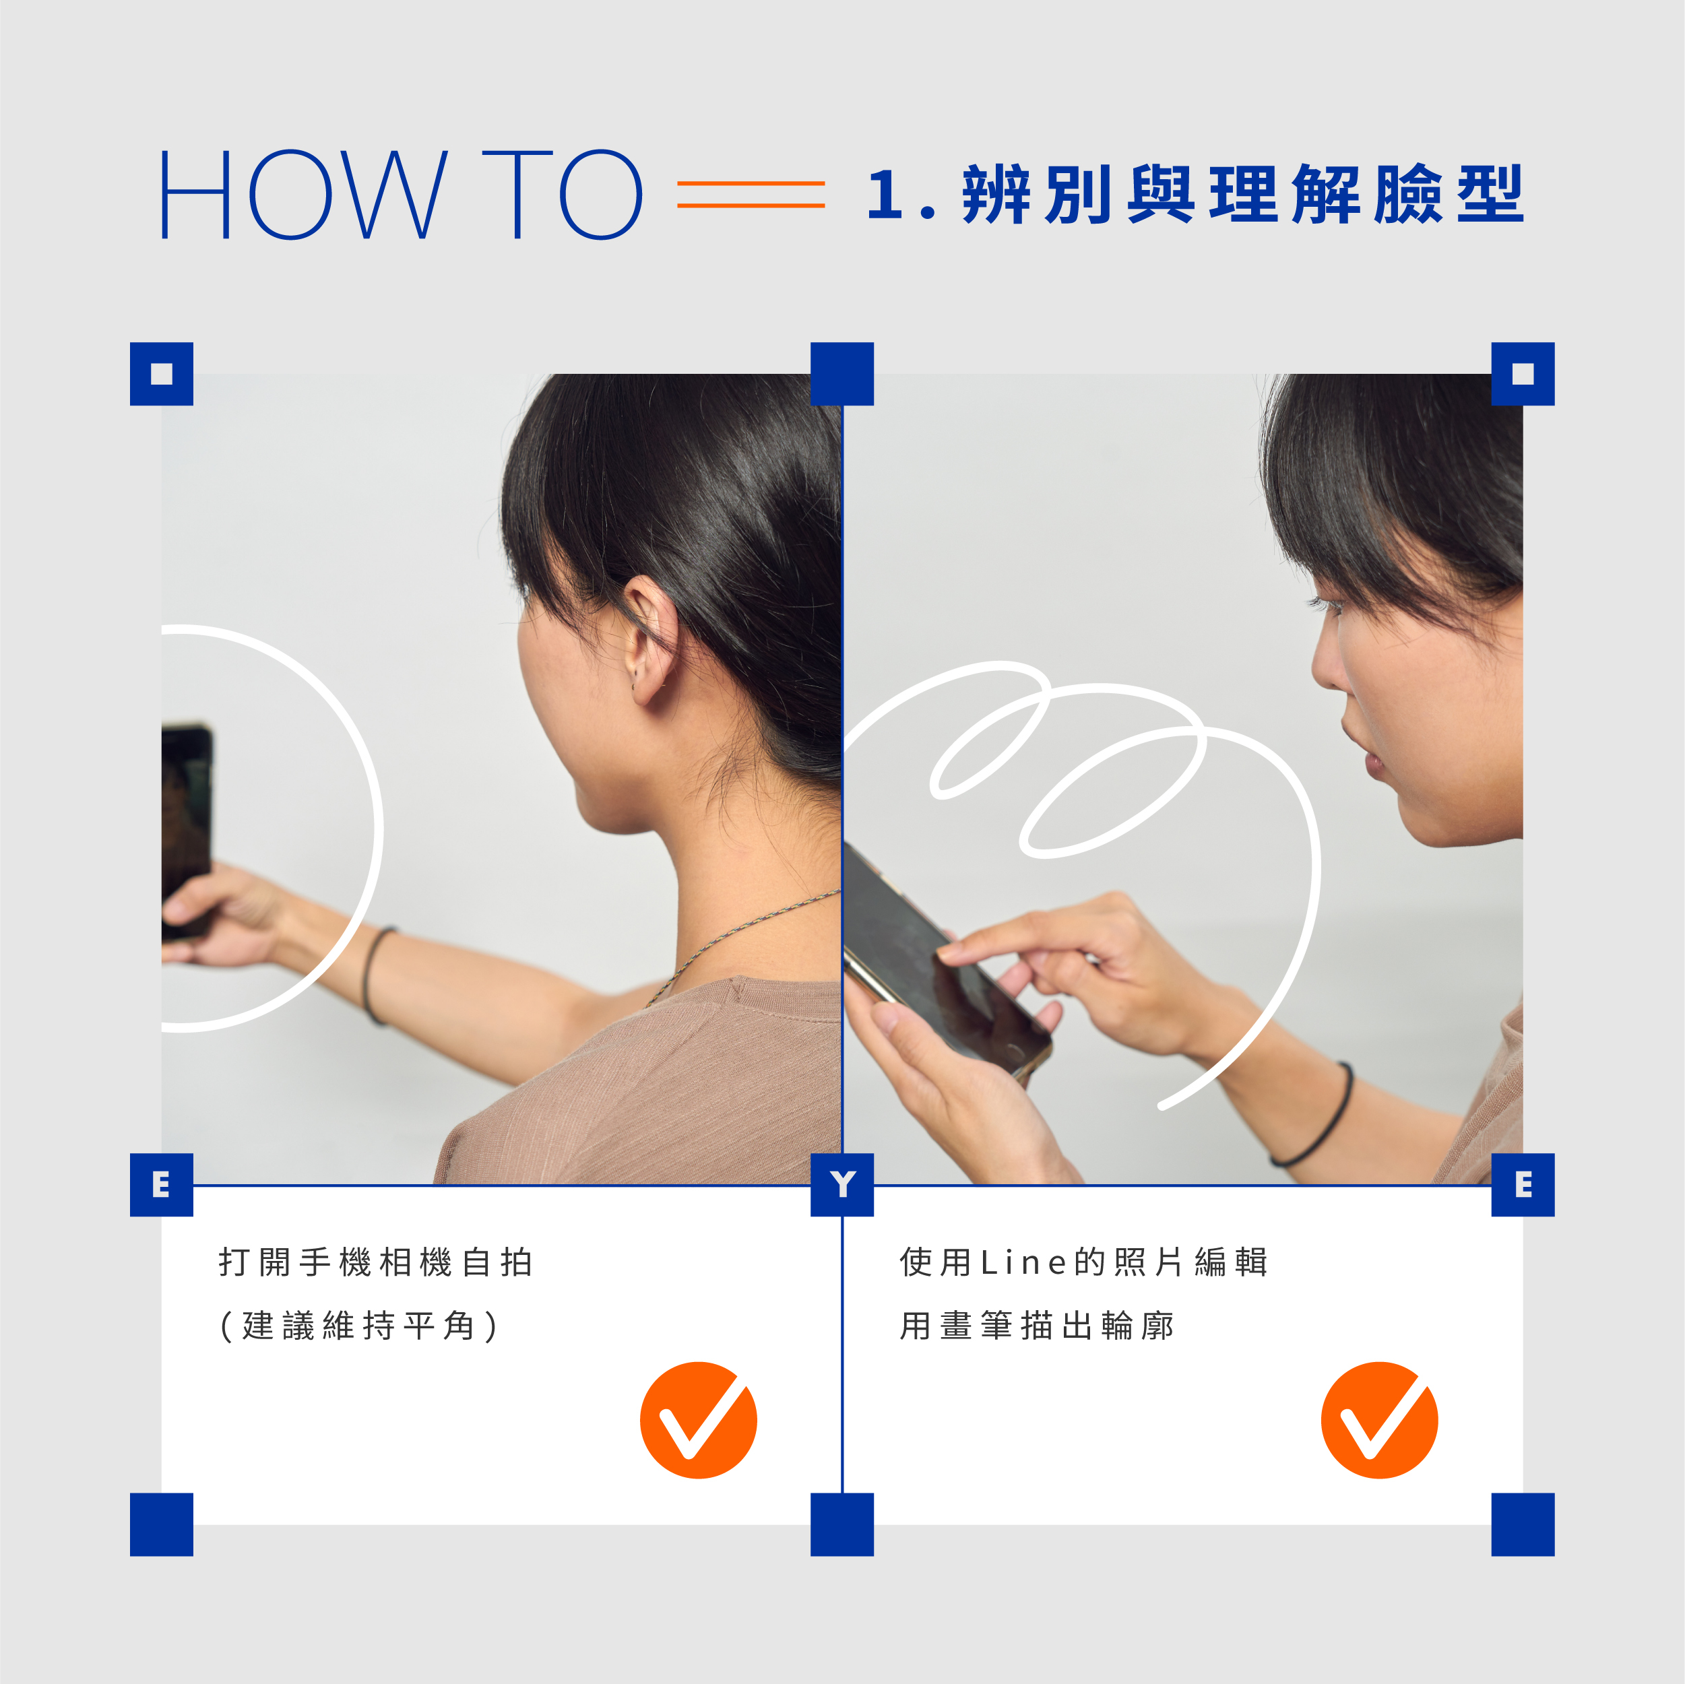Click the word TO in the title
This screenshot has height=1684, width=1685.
(x=563, y=193)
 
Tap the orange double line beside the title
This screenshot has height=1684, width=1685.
(x=751, y=193)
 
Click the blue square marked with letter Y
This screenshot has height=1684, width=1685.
(x=841, y=1184)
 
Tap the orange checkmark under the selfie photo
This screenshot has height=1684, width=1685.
(x=699, y=1420)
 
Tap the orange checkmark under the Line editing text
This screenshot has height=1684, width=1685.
(x=1380, y=1420)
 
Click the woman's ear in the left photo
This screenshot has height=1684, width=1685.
(x=649, y=639)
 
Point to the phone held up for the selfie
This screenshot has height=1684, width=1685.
(x=186, y=829)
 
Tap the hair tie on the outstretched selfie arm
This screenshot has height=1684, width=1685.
(x=377, y=974)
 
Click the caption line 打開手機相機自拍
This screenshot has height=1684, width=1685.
(x=376, y=1262)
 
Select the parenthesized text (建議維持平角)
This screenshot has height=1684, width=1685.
(x=358, y=1326)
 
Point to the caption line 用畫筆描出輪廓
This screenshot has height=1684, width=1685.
(x=1037, y=1326)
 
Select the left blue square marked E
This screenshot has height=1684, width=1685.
(x=161, y=1184)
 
